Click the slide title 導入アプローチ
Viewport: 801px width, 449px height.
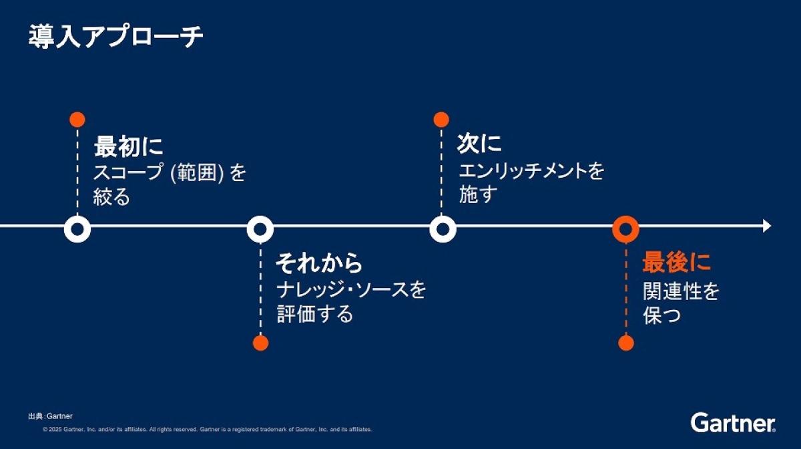[115, 37]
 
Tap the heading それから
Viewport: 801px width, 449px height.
[319, 263]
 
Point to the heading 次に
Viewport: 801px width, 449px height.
[479, 144]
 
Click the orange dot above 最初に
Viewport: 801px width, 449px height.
[77, 120]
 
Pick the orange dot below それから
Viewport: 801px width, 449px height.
[260, 343]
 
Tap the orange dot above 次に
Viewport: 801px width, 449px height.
[441, 120]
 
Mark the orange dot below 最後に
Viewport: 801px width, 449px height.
[625, 343]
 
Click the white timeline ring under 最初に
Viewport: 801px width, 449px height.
[77, 229]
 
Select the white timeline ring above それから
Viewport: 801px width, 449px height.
[260, 229]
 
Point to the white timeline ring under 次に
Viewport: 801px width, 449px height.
[442, 229]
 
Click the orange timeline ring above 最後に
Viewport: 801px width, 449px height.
[625, 229]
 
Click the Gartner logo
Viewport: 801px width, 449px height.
[733, 423]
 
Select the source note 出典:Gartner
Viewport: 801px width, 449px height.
[50, 416]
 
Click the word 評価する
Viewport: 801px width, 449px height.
[314, 314]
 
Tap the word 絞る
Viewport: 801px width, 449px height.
[111, 198]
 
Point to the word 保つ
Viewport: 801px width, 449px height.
[662, 315]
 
